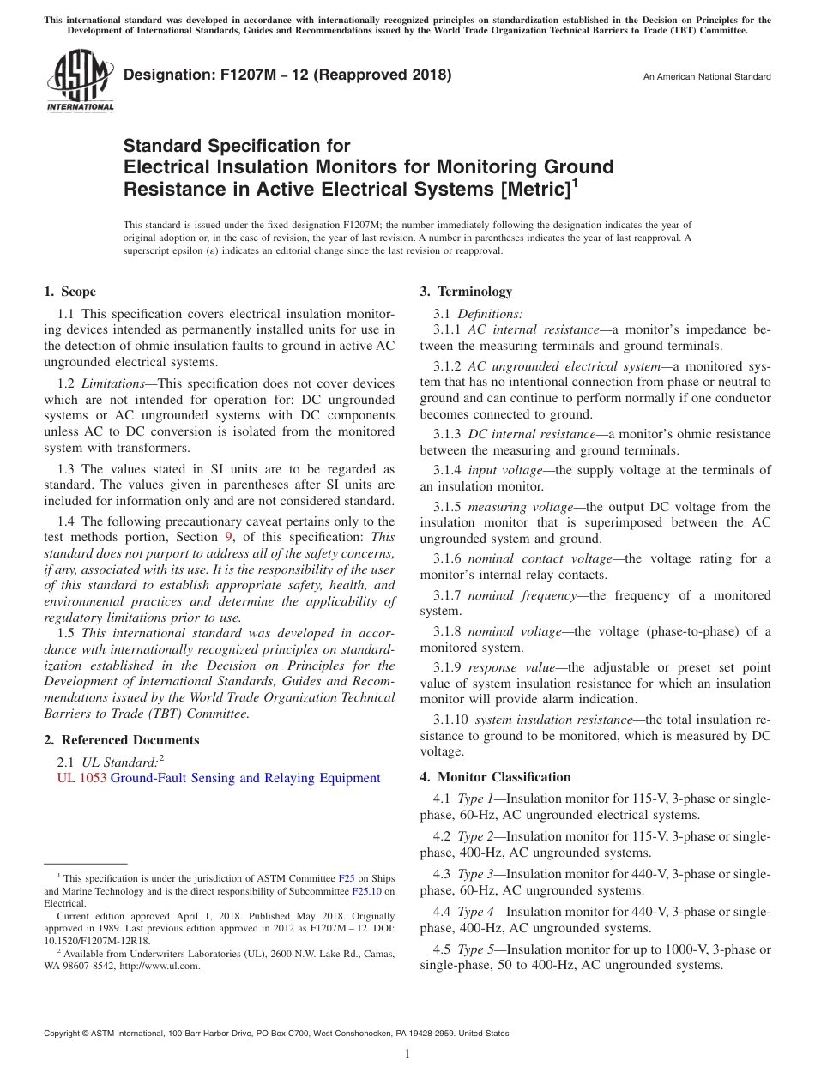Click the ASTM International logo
coord(79,81)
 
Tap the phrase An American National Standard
coord(707,77)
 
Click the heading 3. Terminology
coord(466,292)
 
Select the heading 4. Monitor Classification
coord(495,777)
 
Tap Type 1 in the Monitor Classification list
coord(476,799)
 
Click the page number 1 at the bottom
coord(407,1053)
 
